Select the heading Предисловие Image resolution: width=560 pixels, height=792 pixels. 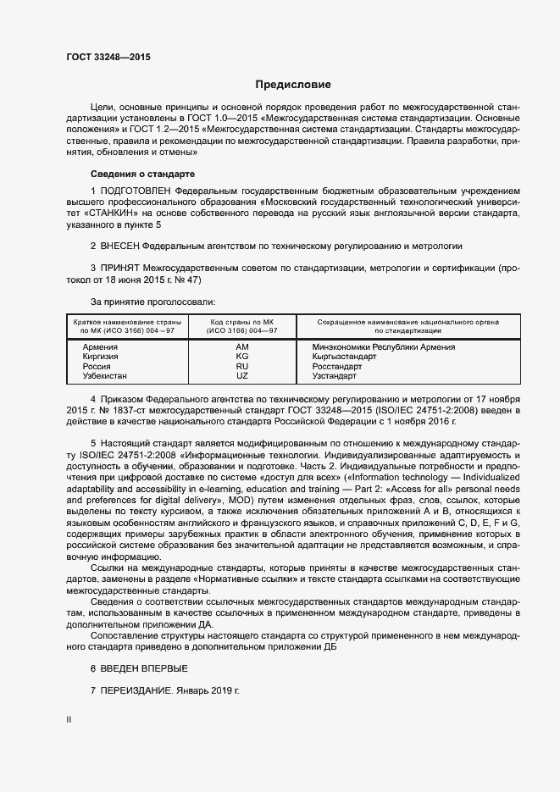pos(293,85)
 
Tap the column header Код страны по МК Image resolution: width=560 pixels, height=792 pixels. pos(242,322)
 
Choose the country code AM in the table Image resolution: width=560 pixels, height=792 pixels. pos(242,347)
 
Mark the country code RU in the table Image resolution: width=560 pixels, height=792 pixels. pos(242,366)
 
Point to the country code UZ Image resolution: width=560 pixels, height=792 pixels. pos(242,375)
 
